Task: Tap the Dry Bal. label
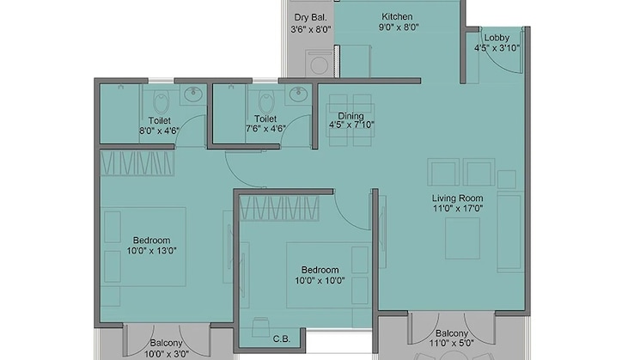pos(310,16)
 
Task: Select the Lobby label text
pos(496,38)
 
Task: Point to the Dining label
pos(350,116)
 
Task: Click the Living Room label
pos(459,198)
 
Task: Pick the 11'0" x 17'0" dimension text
pos(459,208)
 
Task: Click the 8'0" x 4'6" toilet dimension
pos(159,131)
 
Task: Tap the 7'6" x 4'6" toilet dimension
pos(264,131)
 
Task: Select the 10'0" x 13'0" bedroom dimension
pos(151,252)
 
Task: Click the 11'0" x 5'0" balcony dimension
pos(452,344)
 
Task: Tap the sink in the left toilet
pos(195,93)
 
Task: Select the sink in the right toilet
pos(298,93)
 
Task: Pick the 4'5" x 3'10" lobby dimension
pos(496,49)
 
